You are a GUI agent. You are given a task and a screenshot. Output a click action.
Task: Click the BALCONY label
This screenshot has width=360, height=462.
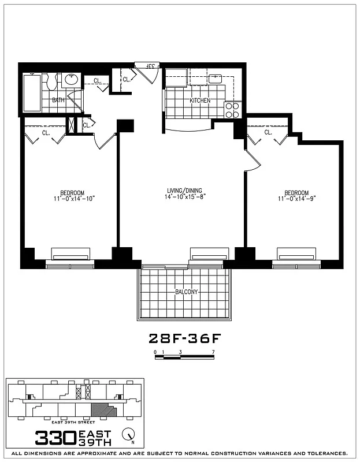click(186, 292)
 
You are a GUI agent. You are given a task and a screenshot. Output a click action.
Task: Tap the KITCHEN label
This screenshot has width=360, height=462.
click(200, 100)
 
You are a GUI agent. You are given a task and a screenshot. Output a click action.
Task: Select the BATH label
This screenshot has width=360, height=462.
click(58, 100)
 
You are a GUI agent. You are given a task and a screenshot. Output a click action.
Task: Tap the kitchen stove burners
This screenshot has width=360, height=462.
click(232, 110)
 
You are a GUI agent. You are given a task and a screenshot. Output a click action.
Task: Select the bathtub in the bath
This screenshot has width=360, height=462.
click(32, 92)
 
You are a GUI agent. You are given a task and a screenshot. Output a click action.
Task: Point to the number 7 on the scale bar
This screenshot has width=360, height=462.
click(214, 352)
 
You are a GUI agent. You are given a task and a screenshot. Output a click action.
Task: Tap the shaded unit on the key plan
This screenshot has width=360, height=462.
click(103, 410)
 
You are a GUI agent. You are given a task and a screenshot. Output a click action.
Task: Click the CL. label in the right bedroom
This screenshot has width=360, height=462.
click(268, 132)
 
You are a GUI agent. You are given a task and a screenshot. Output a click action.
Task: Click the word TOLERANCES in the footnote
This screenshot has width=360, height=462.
click(323, 453)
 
